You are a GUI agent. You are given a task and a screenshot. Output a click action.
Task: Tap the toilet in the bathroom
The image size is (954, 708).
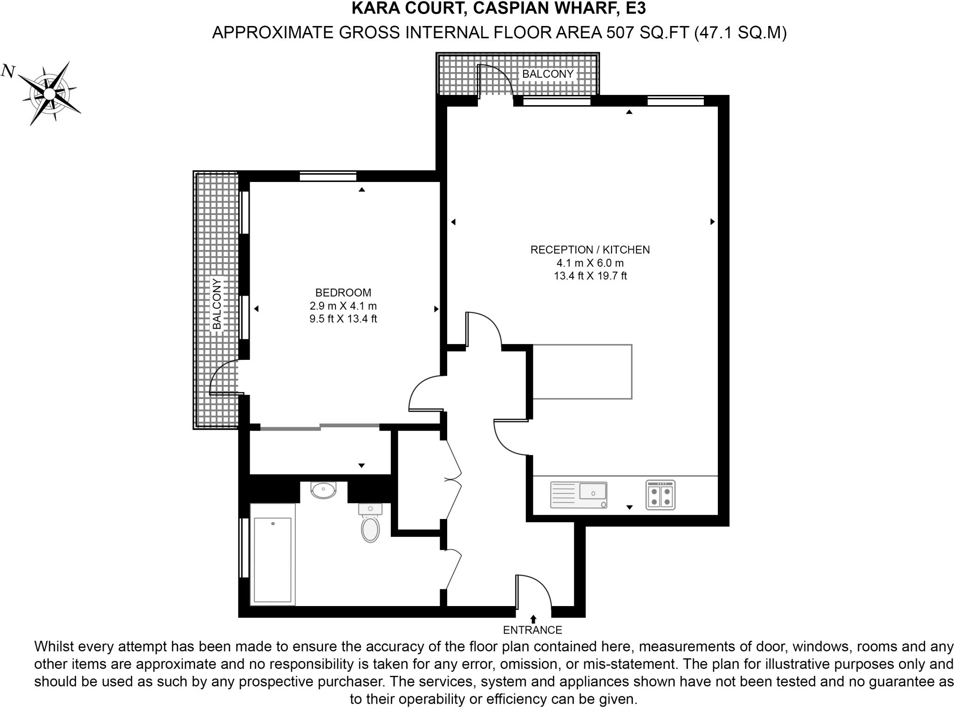[370, 527]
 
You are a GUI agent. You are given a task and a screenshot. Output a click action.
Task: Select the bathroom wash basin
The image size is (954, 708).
[323, 490]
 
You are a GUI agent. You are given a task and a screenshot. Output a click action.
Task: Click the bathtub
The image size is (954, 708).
[273, 554]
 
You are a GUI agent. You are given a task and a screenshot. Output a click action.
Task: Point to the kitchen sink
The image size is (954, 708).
[579, 494]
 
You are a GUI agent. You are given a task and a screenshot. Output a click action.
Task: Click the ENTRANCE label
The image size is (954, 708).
[532, 630]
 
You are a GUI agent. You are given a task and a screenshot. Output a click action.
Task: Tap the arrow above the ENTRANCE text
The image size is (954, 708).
[533, 619]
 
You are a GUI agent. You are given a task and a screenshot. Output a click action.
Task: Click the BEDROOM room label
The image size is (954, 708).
[343, 293]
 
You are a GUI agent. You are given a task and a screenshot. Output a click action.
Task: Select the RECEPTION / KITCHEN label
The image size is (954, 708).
[590, 250]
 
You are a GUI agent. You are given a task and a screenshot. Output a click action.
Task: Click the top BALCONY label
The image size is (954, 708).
[547, 74]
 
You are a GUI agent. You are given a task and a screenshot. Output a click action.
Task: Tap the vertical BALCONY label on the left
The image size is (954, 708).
[217, 303]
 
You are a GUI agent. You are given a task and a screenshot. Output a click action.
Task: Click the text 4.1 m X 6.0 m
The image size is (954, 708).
[590, 263]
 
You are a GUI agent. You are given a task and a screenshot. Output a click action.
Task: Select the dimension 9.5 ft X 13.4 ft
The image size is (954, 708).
[343, 319]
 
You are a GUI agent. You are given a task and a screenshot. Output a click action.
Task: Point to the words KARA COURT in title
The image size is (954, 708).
[402, 8]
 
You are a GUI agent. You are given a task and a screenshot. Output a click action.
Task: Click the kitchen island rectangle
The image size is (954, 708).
[582, 371]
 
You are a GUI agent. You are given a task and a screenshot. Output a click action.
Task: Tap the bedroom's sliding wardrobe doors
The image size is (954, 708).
[320, 426]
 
